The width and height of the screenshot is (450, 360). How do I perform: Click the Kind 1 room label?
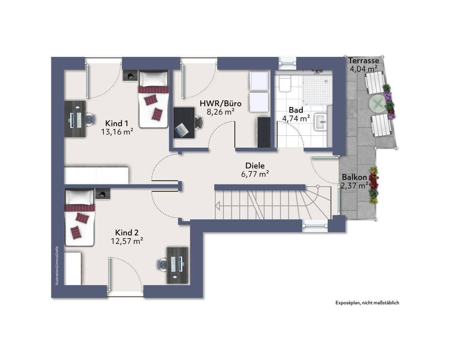click(x=117, y=123)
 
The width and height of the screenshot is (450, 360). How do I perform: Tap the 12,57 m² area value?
click(x=127, y=241)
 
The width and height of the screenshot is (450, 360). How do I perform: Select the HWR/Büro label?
click(x=221, y=103)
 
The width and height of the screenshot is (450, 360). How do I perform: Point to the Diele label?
click(x=255, y=166)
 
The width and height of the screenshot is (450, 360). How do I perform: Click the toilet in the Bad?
click(x=285, y=84)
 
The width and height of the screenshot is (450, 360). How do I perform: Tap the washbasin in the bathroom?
click(x=321, y=122)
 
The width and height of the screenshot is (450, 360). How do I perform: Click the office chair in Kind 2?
click(x=162, y=265)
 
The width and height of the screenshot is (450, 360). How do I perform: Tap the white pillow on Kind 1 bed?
click(x=154, y=79)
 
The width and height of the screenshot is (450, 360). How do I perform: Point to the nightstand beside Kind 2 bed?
click(x=103, y=194)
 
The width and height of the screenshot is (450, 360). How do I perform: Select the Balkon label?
click(x=354, y=177)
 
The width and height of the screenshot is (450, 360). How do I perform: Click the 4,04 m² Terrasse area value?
click(x=363, y=69)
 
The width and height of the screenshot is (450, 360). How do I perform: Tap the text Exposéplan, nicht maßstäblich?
click(x=367, y=303)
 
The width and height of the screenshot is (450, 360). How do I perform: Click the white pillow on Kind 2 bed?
click(x=79, y=197)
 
